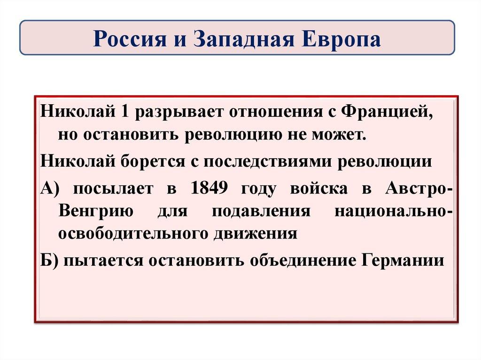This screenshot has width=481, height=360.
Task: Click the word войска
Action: (318, 189)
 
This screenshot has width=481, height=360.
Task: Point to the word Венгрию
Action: (95, 211)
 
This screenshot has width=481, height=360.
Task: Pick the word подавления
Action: (261, 211)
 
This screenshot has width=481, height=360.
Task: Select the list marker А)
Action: (50, 189)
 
